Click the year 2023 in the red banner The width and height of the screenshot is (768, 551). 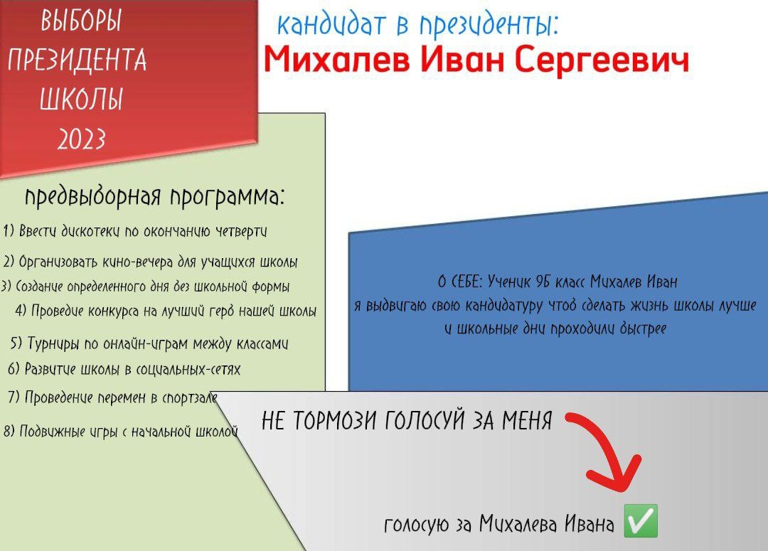click(x=81, y=139)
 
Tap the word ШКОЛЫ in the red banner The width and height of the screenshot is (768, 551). click(x=81, y=100)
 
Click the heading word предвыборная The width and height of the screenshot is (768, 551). click(x=93, y=197)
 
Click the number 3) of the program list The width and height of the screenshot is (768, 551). click(x=6, y=286)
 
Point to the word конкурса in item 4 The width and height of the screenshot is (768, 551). click(x=112, y=311)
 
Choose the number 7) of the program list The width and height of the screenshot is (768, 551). click(x=14, y=397)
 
